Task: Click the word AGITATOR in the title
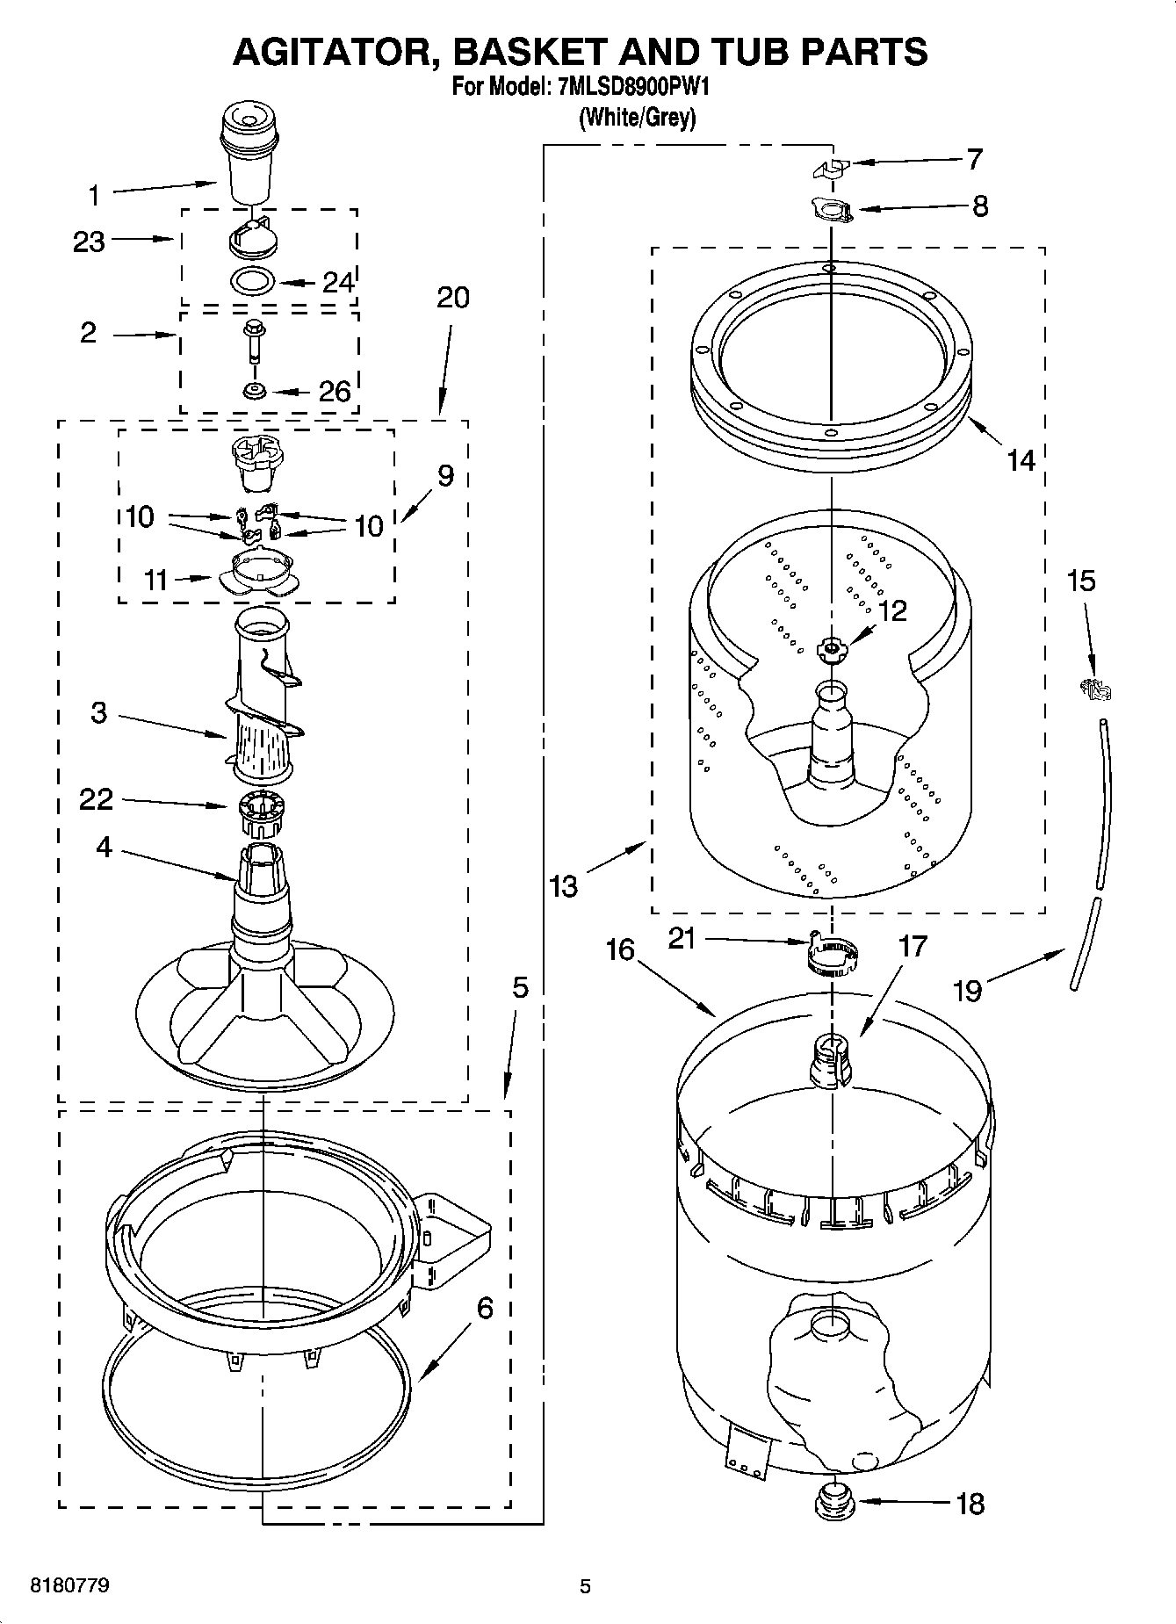coord(333,53)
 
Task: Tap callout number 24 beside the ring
coord(338,282)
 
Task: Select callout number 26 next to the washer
coord(334,392)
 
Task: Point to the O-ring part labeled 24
coord(252,281)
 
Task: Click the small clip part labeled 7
coord(831,167)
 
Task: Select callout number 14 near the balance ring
coord(1021,459)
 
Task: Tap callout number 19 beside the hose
coord(967,990)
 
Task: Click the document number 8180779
coord(69,1586)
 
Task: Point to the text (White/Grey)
coord(637,118)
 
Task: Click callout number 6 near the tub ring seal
coord(485,1309)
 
